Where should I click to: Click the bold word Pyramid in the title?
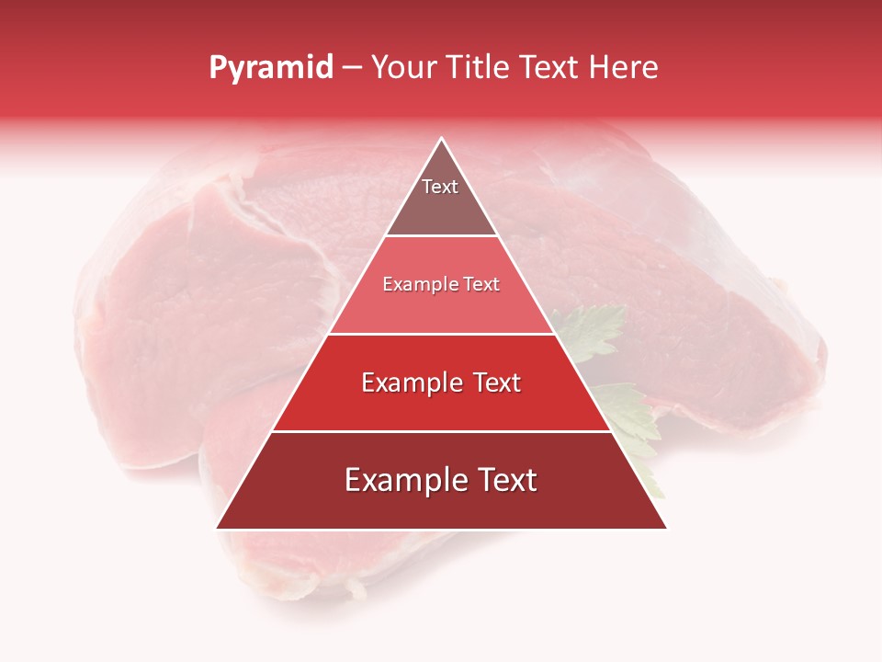pos(271,68)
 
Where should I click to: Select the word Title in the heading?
pos(479,68)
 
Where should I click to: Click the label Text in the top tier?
pos(440,187)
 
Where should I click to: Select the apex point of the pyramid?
pos(442,139)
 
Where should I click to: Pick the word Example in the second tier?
pos(417,285)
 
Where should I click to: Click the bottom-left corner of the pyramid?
pos(217,529)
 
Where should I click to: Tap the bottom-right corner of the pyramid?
pos(666,529)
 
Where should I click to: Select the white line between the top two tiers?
pos(442,236)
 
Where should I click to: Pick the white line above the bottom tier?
pos(442,431)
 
